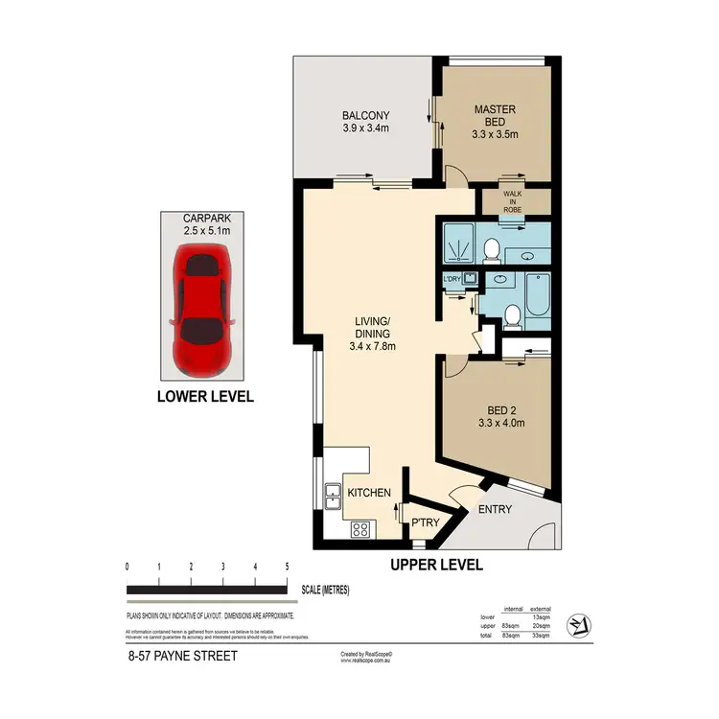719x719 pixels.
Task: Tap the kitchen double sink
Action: (333, 496)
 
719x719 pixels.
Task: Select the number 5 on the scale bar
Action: (288, 568)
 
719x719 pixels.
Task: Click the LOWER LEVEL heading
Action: (204, 396)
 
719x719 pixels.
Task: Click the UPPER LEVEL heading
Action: (436, 566)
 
